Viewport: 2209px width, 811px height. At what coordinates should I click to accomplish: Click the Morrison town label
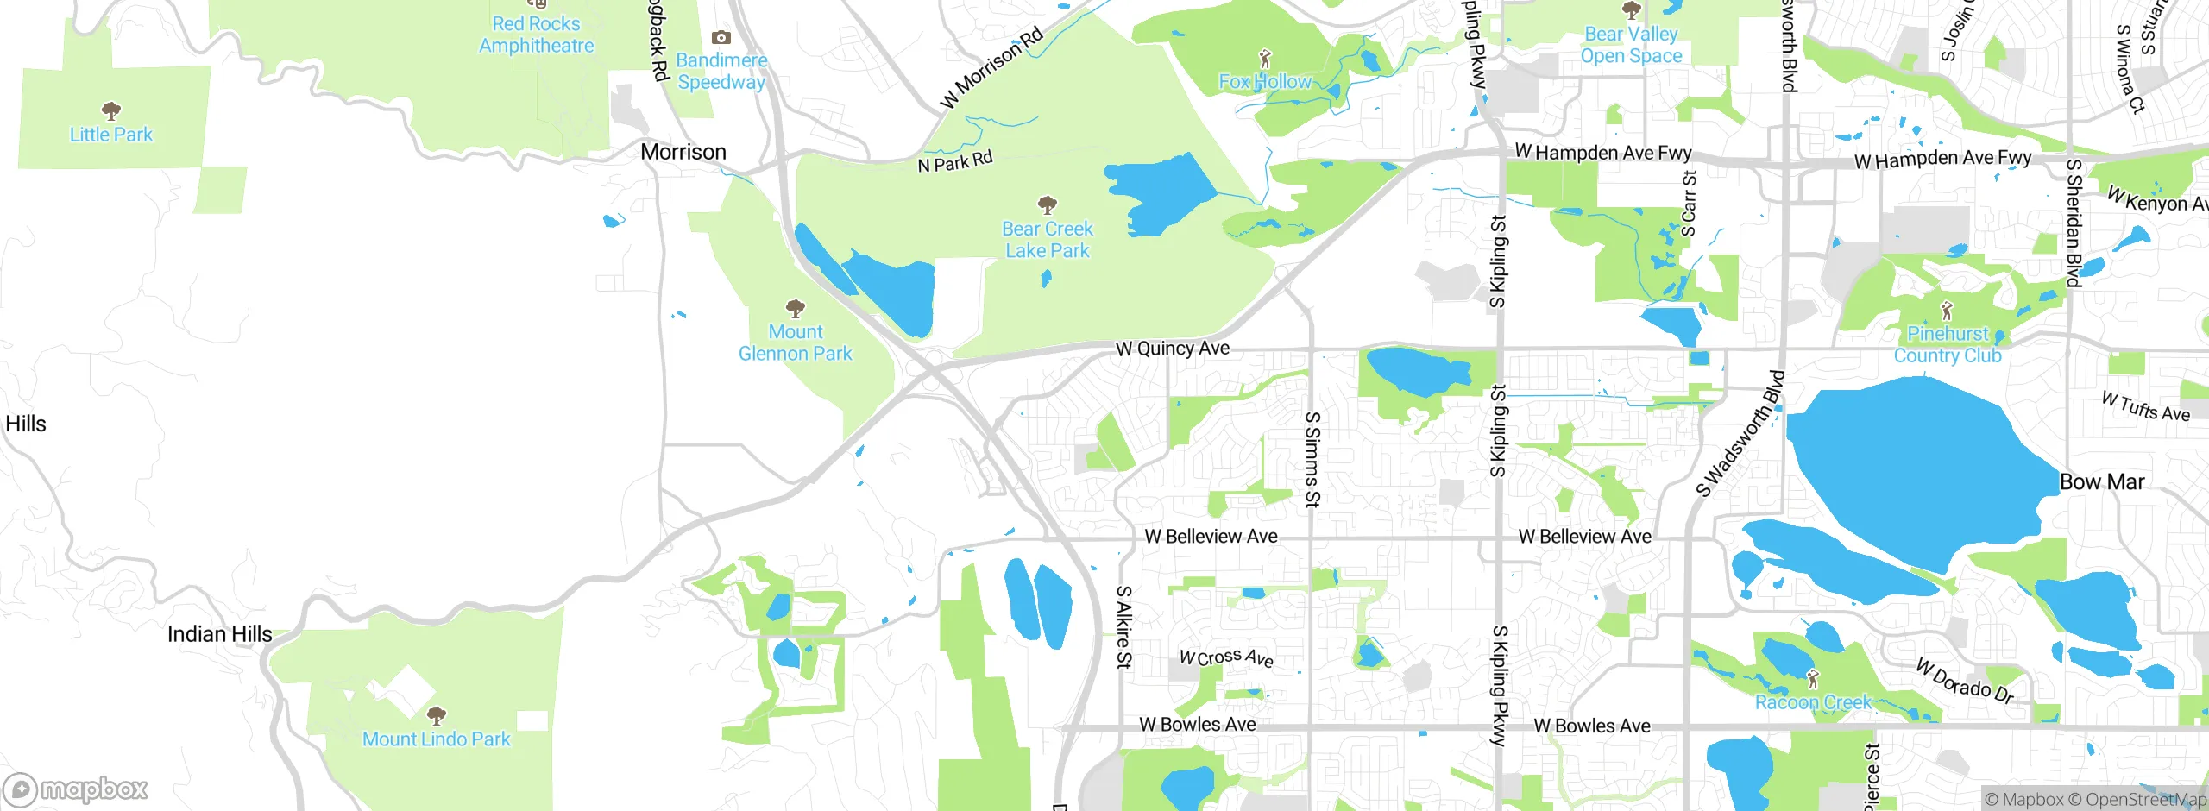[683, 152]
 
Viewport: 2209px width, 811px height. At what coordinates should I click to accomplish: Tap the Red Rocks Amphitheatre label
[536, 35]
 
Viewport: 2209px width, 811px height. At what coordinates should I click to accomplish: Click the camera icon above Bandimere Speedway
[721, 38]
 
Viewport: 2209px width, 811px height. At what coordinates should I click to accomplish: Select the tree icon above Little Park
[111, 111]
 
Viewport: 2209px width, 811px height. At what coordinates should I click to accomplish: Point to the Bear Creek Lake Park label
[1047, 240]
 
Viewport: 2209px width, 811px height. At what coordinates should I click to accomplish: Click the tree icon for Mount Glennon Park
[796, 309]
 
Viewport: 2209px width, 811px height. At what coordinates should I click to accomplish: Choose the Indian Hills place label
[219, 634]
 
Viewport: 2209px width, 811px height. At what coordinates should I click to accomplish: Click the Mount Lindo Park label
[436, 739]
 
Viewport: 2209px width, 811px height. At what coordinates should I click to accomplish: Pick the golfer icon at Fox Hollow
[1265, 60]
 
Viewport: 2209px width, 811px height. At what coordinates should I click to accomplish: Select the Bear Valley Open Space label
[1631, 45]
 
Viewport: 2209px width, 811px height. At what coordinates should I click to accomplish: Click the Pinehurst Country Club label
[1947, 344]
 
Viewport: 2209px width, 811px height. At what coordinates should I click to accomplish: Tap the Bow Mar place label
[2101, 482]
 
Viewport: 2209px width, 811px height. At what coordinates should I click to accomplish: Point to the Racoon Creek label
[1813, 702]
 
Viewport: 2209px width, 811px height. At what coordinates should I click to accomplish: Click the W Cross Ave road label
[1226, 657]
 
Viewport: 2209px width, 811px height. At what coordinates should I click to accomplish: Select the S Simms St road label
[1312, 459]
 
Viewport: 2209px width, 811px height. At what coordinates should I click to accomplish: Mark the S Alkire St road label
[1123, 627]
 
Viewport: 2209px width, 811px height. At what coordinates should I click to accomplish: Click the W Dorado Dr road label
[1964, 682]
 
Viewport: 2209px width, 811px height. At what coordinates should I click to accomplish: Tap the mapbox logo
[76, 789]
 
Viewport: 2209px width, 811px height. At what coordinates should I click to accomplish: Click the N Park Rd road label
[955, 161]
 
